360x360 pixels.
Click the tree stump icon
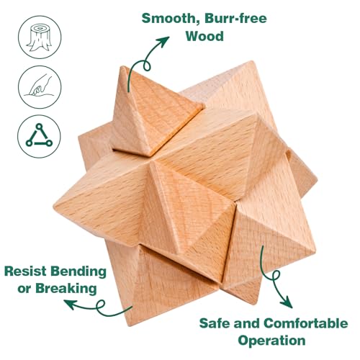pos(40,37)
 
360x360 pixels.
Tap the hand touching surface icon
pos(40,87)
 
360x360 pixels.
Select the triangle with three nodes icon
pos(39,136)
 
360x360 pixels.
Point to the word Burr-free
pos(235,18)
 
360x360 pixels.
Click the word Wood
pos(204,36)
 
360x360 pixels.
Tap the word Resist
pos(25,271)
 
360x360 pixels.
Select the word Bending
pos(78,272)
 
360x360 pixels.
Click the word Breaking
pos(66,289)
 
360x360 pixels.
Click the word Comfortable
pos(306,323)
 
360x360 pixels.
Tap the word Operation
pos(271,341)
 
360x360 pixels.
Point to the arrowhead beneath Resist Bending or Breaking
pos(70,305)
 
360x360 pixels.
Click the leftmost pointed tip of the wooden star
pos(54,206)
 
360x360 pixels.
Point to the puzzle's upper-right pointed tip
pos(252,61)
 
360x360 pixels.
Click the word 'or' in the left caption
pos(24,289)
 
